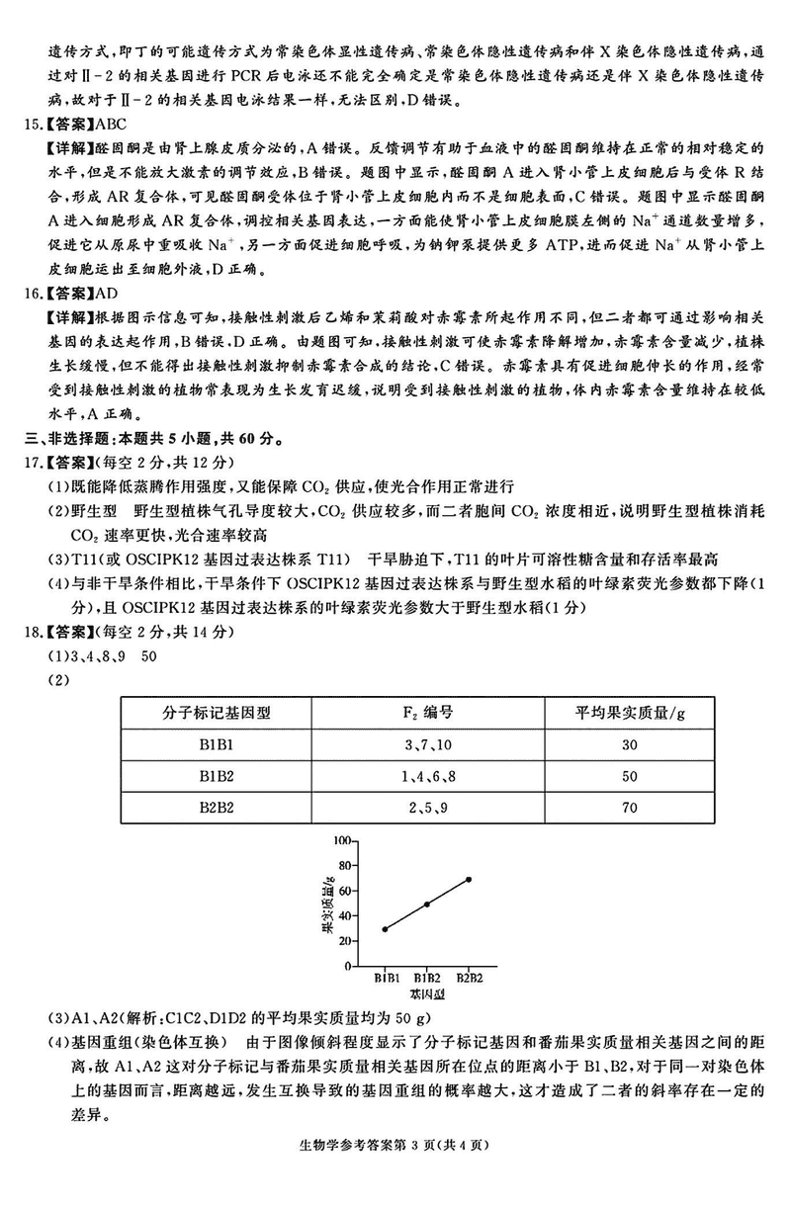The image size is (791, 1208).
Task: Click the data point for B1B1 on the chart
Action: (x=385, y=929)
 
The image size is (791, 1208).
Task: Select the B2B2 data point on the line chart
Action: (x=469, y=879)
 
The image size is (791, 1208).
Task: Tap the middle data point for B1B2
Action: (x=426, y=905)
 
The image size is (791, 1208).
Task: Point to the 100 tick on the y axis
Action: (x=342, y=840)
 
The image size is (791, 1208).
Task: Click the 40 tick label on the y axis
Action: (x=345, y=916)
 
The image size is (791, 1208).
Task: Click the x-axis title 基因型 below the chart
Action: (x=426, y=992)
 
